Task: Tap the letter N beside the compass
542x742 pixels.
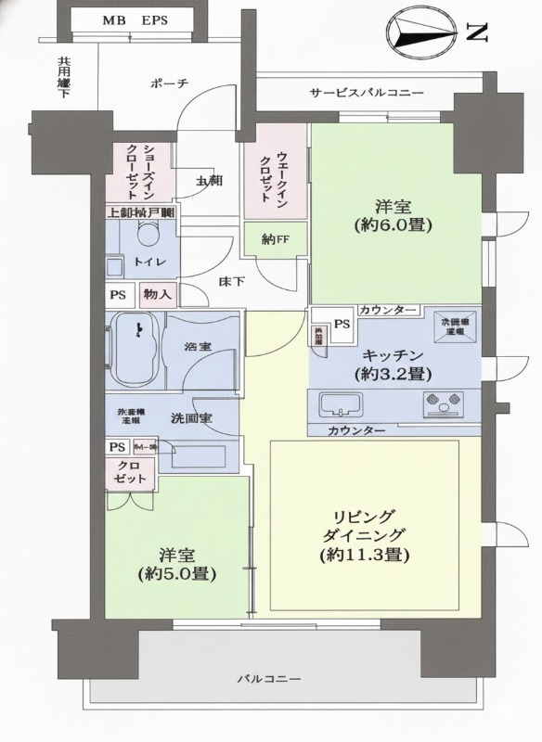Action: coord(475,34)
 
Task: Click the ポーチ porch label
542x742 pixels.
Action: coord(169,83)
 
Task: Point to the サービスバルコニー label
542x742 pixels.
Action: coord(367,93)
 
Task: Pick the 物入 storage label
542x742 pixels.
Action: coord(158,295)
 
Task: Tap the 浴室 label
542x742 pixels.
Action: coord(197,347)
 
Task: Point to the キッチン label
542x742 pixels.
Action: coord(394,355)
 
